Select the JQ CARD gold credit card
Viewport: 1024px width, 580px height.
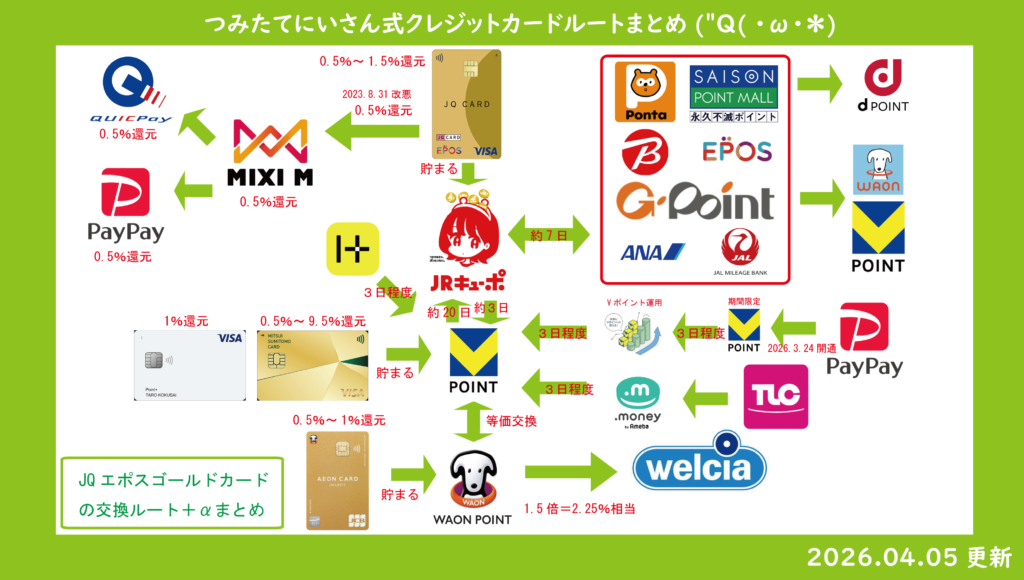pyautogui.click(x=465, y=104)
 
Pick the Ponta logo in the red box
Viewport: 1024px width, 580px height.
pyautogui.click(x=643, y=92)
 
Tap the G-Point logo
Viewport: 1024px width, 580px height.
pyautogui.click(x=694, y=201)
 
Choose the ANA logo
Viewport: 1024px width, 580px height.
pyautogui.click(x=651, y=252)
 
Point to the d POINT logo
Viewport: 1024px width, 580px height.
pyautogui.click(x=885, y=85)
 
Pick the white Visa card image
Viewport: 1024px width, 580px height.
pyautogui.click(x=189, y=366)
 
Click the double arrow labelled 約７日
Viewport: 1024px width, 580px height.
pyautogui.click(x=551, y=237)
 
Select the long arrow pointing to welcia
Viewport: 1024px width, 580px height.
pyautogui.click(x=571, y=469)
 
